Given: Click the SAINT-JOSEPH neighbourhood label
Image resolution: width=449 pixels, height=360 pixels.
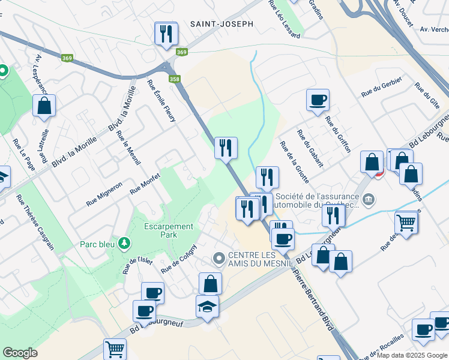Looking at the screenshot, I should point(221,24).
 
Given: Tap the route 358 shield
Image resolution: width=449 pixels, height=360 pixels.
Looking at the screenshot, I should point(174,79).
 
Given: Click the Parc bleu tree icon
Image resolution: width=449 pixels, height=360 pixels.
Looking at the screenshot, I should point(124,243).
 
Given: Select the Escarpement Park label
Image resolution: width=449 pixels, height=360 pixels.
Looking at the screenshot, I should point(169,230).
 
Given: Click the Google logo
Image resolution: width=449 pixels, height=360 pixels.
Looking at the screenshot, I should point(20,353).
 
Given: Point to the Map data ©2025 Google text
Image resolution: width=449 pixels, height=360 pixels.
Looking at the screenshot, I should point(412,355).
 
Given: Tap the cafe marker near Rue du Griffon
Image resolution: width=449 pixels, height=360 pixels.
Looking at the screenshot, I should point(318,100).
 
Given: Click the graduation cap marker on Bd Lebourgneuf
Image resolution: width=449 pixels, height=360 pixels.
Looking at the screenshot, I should point(208,306).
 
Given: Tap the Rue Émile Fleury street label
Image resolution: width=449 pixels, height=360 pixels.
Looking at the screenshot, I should point(161,101).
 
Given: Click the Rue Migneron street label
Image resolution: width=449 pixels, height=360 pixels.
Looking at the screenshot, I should point(104,194).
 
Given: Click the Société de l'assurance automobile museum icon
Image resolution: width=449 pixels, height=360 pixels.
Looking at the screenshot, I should point(369,198).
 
